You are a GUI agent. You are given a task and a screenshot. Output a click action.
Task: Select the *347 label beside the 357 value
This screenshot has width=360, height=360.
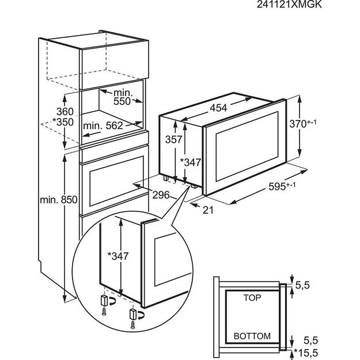point(190,163)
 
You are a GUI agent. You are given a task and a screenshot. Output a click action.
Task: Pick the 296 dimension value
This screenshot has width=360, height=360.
point(162,195)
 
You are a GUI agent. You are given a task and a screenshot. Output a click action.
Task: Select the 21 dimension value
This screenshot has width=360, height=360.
point(208,210)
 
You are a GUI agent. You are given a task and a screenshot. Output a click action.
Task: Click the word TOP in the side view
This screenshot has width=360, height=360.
point(253,298)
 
